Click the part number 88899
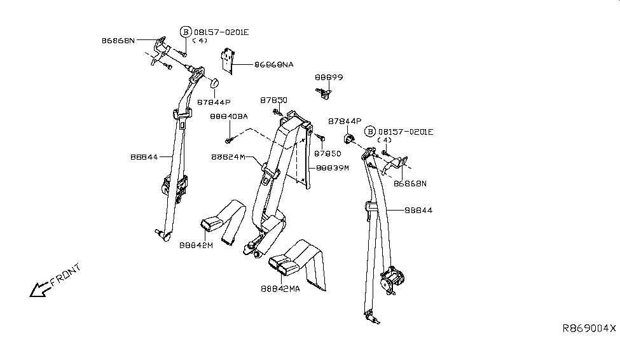(329, 78)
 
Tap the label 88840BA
(228, 116)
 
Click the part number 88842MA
(280, 289)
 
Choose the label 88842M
(196, 245)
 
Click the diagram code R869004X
(589, 329)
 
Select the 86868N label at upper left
(118, 40)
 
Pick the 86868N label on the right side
(410, 183)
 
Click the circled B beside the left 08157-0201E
(186, 32)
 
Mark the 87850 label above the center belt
(273, 100)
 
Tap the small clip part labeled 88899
(324, 93)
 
